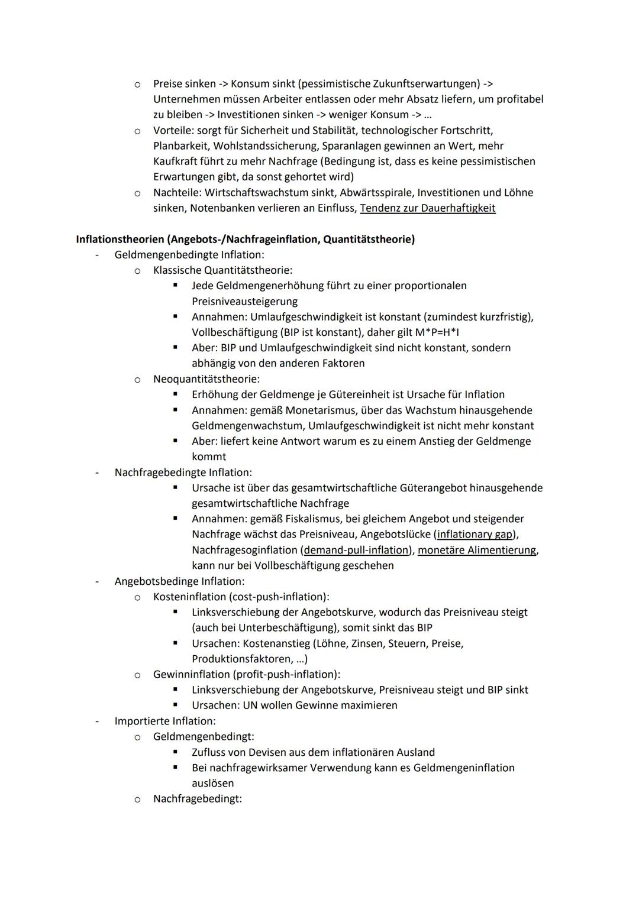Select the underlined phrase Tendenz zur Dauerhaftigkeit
pos(427,208)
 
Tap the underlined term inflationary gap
pos(475,535)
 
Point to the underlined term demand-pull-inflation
pos(356,550)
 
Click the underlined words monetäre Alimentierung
pos(477,550)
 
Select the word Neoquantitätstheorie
pos(205,378)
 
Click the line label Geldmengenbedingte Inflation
pos(188,255)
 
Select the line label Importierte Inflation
pos(164,721)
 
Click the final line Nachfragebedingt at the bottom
pos(197,799)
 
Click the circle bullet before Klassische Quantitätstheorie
pos(137,271)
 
